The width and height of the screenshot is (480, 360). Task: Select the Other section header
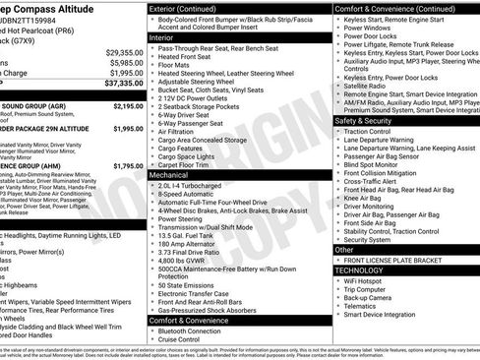point(345,250)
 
